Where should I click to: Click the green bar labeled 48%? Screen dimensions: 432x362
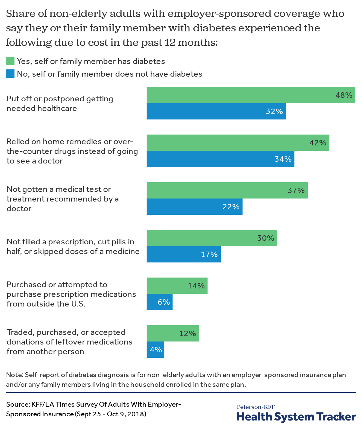click(250, 95)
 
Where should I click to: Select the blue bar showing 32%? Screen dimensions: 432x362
click(216, 111)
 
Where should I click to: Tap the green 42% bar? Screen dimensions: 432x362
click(238, 143)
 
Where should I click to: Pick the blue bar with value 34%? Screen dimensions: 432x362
click(220, 159)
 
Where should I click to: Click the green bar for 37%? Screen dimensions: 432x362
click(227, 190)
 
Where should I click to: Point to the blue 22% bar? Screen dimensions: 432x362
click(194, 207)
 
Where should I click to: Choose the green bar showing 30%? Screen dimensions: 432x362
click(211, 238)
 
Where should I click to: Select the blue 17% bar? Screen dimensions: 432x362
click(183, 254)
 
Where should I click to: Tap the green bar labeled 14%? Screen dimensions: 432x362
click(177, 286)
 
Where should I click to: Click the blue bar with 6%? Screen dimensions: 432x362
click(159, 302)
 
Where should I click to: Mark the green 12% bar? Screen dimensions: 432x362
click(173, 333)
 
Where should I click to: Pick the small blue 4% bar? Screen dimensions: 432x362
click(155, 350)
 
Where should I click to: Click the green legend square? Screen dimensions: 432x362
click(10, 61)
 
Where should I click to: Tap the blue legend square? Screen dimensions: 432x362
click(10, 74)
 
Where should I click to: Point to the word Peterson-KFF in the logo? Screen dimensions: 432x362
click(256, 407)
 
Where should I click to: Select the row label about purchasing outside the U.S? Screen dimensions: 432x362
click(71, 294)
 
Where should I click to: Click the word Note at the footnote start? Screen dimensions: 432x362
click(13, 375)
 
